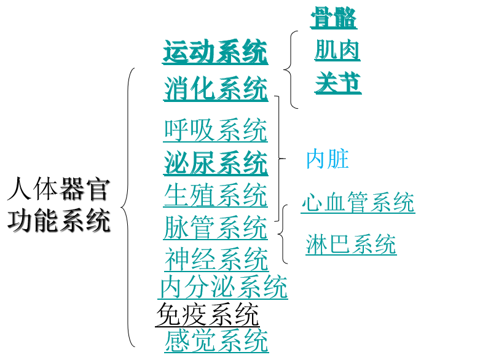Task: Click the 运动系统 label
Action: tap(215, 52)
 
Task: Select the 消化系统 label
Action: tap(216, 88)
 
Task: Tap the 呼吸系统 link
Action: tap(216, 130)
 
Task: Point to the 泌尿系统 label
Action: tap(216, 163)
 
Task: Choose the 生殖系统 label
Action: tap(216, 195)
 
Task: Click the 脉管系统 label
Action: tap(216, 227)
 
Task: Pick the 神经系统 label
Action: tap(216, 259)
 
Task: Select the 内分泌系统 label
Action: tap(223, 287)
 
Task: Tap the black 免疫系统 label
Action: tap(208, 315)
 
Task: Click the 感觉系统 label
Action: tap(216, 340)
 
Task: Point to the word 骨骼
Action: tap(334, 18)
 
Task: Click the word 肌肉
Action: tap(337, 50)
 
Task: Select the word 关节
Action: tap(338, 83)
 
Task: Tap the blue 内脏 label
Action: tap(328, 159)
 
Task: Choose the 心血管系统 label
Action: tap(358, 203)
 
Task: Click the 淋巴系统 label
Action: tap(351, 245)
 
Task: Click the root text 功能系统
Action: tap(58, 221)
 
